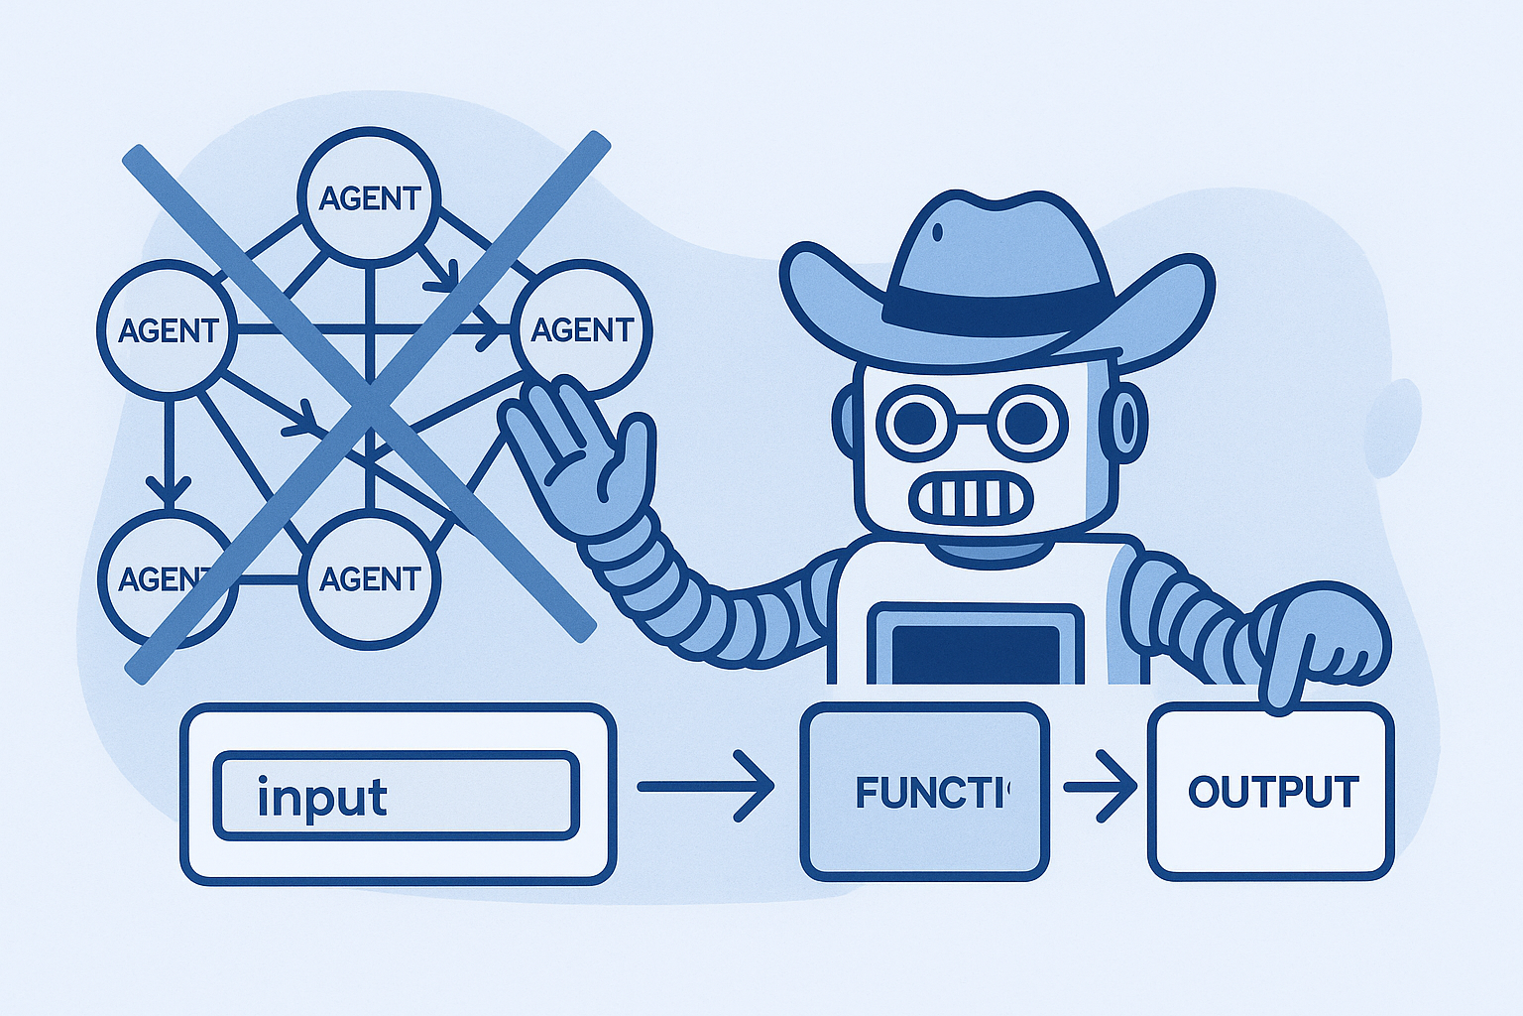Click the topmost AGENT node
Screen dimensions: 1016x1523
(369, 195)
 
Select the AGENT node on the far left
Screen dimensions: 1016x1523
(167, 328)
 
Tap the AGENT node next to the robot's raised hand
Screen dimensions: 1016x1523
(581, 328)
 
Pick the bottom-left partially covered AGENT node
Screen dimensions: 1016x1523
(159, 578)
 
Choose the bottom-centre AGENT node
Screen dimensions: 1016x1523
(369, 578)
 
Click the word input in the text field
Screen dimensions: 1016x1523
(321, 797)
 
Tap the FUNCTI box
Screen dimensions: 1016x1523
(924, 792)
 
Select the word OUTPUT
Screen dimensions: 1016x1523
(1272, 792)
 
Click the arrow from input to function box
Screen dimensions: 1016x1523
(705, 787)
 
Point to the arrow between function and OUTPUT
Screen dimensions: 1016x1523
(1100, 787)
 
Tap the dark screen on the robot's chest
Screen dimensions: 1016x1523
(976, 654)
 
